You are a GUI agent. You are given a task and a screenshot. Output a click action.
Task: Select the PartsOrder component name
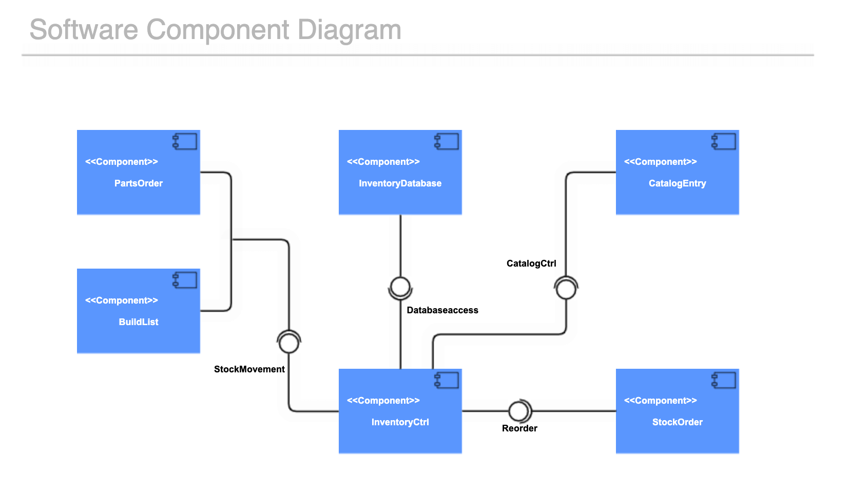138,183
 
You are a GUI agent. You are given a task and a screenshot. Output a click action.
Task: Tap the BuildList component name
138,322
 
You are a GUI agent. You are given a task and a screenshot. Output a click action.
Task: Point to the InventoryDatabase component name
400,183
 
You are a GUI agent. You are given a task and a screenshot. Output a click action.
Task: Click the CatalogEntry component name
677,183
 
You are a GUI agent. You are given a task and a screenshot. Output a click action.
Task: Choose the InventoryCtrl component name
400,422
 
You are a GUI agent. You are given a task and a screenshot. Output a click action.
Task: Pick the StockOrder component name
677,422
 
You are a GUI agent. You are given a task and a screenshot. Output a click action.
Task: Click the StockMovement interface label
249,369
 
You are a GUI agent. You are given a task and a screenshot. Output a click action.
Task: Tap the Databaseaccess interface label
442,310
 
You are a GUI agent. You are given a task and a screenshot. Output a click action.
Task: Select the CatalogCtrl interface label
531,263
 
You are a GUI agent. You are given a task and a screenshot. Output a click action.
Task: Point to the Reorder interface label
519,428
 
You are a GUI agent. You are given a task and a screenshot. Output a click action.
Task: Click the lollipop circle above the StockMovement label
289,343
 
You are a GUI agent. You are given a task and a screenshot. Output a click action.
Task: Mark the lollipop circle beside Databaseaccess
400,287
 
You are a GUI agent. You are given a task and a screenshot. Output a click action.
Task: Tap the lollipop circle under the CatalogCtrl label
566,289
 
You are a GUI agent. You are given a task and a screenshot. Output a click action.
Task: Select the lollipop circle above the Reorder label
518,411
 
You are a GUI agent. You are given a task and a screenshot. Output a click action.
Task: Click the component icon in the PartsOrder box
185,141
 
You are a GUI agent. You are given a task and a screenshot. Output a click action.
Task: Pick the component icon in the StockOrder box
724,380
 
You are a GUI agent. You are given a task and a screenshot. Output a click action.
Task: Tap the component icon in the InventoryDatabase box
447,141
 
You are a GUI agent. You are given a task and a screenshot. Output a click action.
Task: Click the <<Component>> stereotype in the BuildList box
121,300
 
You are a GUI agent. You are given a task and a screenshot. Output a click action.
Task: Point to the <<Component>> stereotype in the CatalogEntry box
660,162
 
